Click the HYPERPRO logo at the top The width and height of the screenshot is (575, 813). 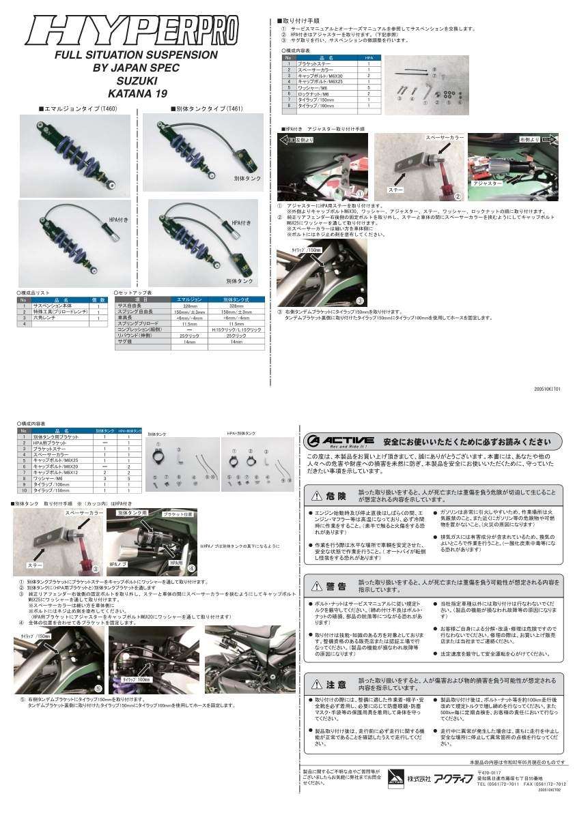(133, 31)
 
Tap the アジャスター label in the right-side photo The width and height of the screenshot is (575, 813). (487, 183)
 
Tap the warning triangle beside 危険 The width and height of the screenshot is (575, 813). (317, 495)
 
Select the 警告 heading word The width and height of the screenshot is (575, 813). (336, 586)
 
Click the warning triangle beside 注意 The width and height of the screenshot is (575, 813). (317, 683)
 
